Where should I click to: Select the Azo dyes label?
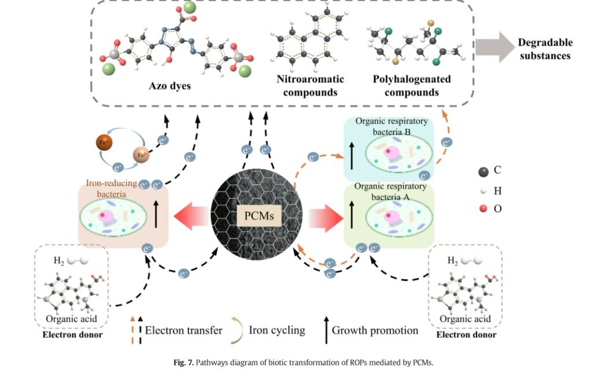click(171, 86)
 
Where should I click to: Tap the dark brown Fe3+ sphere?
click(103, 142)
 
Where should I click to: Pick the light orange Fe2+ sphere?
click(140, 154)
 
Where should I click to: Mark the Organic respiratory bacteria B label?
click(391, 127)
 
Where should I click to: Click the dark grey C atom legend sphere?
click(483, 171)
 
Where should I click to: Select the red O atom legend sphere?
click(483, 208)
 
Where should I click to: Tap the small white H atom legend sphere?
click(483, 190)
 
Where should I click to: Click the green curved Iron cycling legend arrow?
click(236, 330)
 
